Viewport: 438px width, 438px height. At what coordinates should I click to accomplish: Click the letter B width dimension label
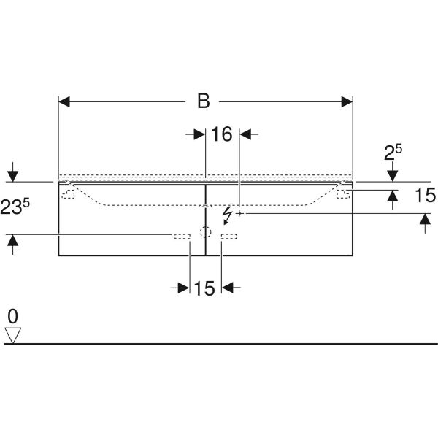click(203, 101)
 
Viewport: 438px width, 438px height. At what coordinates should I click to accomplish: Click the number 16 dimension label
click(221, 134)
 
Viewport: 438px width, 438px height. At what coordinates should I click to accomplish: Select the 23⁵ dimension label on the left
click(16, 207)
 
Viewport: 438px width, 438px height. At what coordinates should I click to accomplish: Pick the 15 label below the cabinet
click(205, 288)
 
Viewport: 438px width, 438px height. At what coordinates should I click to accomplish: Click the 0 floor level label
click(12, 316)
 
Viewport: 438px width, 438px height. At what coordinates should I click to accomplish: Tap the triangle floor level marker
click(13, 335)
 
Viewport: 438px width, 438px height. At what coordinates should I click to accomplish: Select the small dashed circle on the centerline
click(205, 234)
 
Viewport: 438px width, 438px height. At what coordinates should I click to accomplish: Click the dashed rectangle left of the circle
click(182, 236)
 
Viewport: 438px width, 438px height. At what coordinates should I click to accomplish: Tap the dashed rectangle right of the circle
click(228, 236)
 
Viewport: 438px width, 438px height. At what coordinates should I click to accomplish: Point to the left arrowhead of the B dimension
click(64, 101)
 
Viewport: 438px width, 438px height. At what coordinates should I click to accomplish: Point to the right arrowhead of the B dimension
click(347, 101)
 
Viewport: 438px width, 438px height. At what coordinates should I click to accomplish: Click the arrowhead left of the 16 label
click(199, 134)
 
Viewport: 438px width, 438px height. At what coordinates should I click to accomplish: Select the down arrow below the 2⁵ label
click(393, 175)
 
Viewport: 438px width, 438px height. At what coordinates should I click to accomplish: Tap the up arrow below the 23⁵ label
click(12, 240)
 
